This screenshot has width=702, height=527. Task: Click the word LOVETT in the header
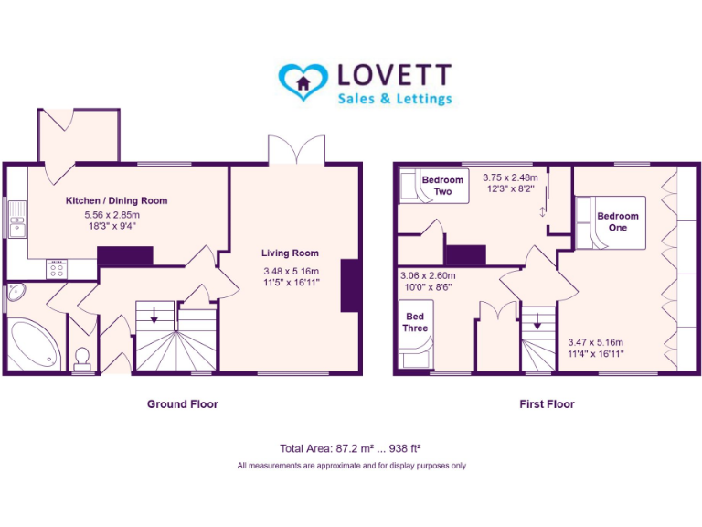[394, 74]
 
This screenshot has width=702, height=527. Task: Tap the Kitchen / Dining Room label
[116, 200]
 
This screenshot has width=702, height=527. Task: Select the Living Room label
[290, 253]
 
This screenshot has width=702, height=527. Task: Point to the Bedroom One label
[618, 221]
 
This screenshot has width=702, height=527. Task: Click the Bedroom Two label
[442, 186]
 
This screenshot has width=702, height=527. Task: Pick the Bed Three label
[416, 322]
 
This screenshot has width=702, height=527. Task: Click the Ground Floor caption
[183, 403]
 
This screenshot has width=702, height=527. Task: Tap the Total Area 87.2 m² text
[349, 448]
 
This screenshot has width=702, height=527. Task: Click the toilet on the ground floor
[82, 355]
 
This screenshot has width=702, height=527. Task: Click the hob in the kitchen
[57, 268]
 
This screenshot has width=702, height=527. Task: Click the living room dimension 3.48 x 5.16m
[290, 271]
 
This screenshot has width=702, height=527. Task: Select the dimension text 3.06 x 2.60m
[428, 274]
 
